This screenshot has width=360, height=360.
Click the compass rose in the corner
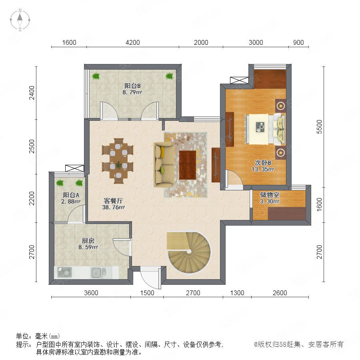(x=20, y=20)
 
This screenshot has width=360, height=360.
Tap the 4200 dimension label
(x=133, y=42)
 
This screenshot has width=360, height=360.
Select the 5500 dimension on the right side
(x=319, y=127)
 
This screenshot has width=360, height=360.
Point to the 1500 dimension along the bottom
(x=147, y=293)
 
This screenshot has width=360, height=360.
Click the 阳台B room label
(x=132, y=86)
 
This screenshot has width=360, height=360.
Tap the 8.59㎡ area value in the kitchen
(x=88, y=247)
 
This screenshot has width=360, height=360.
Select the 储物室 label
(x=270, y=195)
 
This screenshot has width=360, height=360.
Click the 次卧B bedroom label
(x=263, y=163)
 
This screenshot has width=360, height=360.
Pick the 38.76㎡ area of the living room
(x=114, y=207)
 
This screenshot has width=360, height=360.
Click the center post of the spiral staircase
(x=189, y=252)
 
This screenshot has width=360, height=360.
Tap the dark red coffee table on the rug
(x=187, y=165)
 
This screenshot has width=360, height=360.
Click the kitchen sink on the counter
(x=99, y=272)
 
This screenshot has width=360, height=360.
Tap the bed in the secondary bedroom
(x=265, y=130)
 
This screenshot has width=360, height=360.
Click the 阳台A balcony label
(x=71, y=195)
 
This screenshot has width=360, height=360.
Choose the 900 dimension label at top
(x=298, y=42)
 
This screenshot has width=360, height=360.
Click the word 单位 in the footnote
(x=22, y=336)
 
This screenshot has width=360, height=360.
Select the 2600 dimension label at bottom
(x=280, y=293)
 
